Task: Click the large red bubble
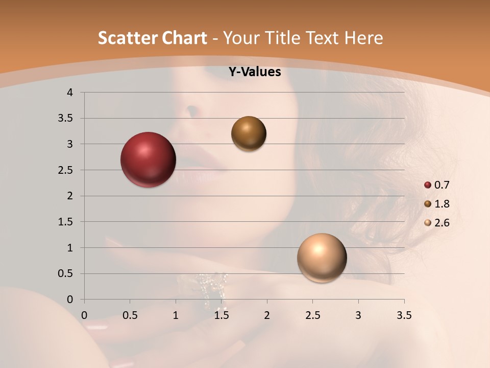148,159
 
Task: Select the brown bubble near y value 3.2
249,133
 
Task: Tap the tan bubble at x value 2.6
322,258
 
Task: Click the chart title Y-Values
254,72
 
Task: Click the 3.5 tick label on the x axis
404,315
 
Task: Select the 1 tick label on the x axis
176,315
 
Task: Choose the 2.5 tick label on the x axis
312,315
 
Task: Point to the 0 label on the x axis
84,315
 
